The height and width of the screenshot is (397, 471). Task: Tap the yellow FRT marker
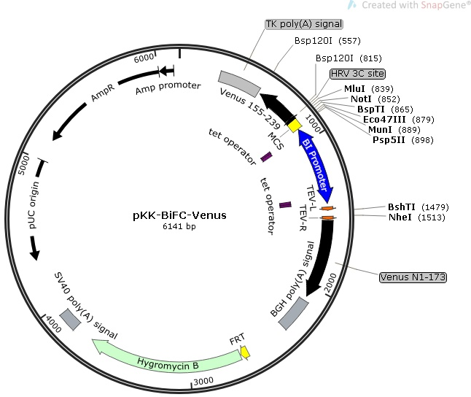246,352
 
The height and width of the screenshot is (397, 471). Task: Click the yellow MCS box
294,126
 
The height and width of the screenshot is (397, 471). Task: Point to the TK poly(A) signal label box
304,24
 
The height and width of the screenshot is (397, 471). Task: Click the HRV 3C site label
357,74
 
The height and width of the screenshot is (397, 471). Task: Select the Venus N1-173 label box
413,277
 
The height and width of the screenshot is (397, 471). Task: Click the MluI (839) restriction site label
369,89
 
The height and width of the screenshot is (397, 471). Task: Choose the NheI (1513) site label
416,217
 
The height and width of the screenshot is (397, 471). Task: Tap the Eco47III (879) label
399,120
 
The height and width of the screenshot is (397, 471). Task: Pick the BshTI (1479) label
418,207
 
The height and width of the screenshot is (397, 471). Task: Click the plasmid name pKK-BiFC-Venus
179,215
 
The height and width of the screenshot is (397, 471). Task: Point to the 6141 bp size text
179,226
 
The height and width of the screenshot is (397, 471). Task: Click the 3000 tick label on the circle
203,382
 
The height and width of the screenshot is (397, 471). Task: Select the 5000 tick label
24,165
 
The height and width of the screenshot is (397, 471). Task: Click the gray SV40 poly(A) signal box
70,320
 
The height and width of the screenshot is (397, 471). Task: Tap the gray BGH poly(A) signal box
294,313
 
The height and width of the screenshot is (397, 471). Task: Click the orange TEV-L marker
328,208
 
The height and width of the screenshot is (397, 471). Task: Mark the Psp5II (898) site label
403,140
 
